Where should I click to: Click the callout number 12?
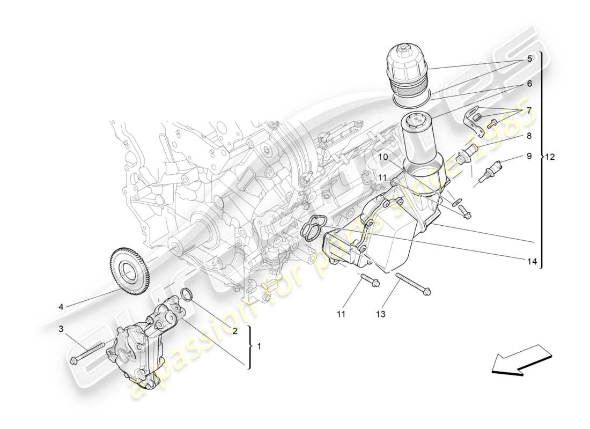pyautogui.click(x=550, y=157)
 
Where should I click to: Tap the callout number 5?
pyautogui.click(x=529, y=59)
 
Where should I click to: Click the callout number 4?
pyautogui.click(x=61, y=307)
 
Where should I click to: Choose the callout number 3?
pyautogui.click(x=61, y=328)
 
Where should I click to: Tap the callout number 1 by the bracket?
pyautogui.click(x=259, y=346)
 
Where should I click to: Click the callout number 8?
pyautogui.click(x=529, y=136)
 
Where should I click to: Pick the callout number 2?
pyautogui.click(x=235, y=331)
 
